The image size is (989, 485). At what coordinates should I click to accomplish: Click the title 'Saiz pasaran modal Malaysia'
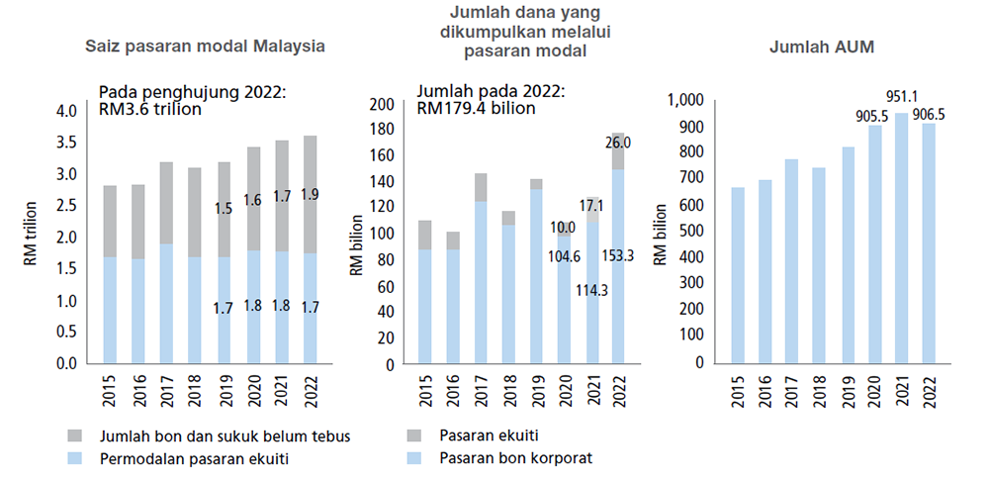coord(205,47)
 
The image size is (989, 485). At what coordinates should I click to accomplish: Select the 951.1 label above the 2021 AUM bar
coord(900,97)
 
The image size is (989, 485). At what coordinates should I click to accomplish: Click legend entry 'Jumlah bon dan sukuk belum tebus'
coord(224,435)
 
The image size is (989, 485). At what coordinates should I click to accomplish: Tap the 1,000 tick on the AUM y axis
coord(684,100)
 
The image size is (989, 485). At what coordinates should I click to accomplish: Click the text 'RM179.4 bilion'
coord(477,107)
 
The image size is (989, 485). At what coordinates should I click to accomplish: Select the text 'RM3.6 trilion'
coord(150,109)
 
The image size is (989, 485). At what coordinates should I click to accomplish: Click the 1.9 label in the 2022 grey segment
coord(310,194)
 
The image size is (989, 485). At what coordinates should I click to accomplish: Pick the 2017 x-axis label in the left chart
coord(166,390)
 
